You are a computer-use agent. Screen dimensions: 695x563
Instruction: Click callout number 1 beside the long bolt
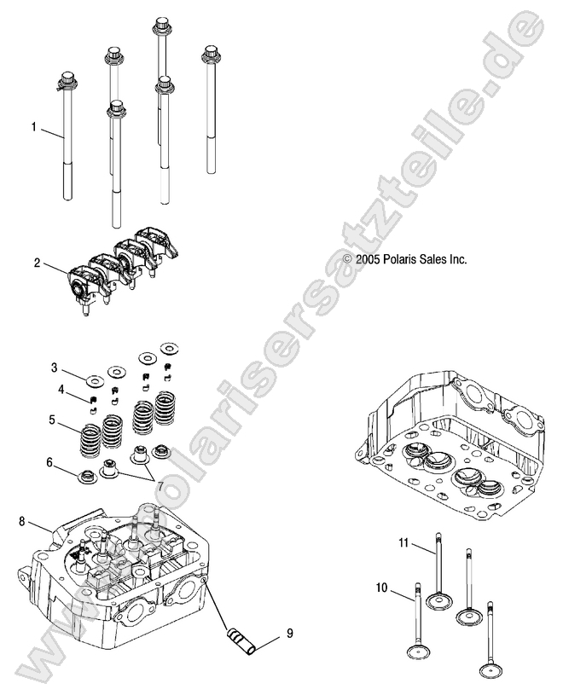pyautogui.click(x=34, y=127)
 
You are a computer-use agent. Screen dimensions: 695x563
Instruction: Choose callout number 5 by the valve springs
pyautogui.click(x=53, y=420)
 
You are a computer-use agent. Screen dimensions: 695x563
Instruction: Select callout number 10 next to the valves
pyautogui.click(x=381, y=588)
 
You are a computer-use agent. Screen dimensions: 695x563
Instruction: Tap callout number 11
pyautogui.click(x=404, y=543)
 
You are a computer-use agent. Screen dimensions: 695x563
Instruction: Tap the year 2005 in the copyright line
pyautogui.click(x=368, y=260)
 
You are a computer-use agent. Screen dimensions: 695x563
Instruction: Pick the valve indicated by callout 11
pyautogui.click(x=441, y=571)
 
